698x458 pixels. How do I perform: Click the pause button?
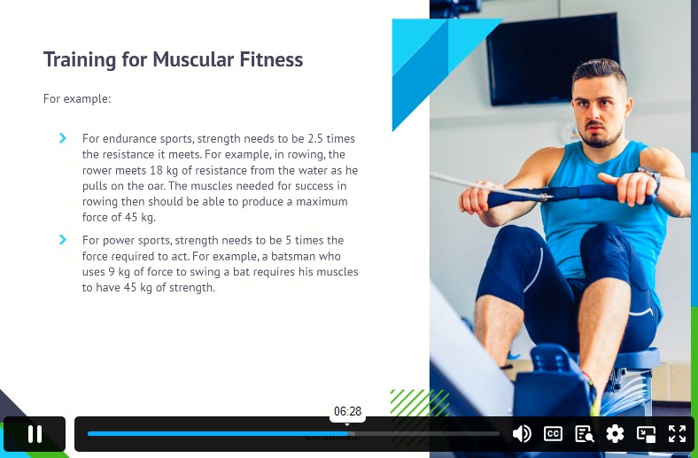coord(35,434)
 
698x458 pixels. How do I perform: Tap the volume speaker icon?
coord(522,433)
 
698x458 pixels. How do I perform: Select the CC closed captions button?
coord(553,433)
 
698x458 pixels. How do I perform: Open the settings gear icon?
coord(615,433)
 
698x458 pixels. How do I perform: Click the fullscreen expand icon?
coord(677,433)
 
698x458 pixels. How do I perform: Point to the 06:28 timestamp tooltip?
coord(347,411)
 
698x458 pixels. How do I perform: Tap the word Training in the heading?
coord(80,60)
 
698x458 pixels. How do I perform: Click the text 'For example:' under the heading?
coord(77,98)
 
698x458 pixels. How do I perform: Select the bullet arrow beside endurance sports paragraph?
coord(63,138)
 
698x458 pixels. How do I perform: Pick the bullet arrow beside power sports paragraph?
coord(63,240)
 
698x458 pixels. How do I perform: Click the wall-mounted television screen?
coord(552,59)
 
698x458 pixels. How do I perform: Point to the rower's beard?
coord(601,136)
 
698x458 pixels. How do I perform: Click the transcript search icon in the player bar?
coord(584,433)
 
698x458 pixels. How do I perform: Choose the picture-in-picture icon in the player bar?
coord(646,433)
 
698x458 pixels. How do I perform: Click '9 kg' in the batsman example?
coord(118,272)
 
